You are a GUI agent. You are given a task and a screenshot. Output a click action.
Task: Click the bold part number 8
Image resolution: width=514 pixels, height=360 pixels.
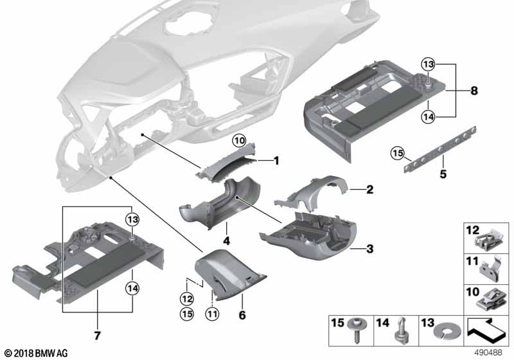click(x=474, y=91)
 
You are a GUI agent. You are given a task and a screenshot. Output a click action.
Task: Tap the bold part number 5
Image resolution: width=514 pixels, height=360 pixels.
click(x=443, y=174)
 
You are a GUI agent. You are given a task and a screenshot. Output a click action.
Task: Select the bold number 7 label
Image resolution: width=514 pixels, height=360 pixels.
click(x=98, y=336)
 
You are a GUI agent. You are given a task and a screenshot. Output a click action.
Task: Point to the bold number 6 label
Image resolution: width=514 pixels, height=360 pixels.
click(x=242, y=315)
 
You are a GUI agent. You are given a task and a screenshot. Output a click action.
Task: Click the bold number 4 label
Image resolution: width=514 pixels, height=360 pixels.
click(x=226, y=241)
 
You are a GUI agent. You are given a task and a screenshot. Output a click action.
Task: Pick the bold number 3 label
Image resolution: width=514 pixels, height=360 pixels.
click(x=370, y=249)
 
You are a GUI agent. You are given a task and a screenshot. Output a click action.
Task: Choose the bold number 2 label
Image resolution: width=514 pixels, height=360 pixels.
click(x=370, y=189)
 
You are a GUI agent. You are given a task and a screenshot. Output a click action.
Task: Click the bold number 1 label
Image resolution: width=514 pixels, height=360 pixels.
click(x=276, y=161)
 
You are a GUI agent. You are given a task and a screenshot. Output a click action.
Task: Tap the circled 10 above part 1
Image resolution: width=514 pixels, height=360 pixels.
click(x=239, y=141)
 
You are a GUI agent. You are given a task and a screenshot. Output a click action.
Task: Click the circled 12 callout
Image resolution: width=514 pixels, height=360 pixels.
click(x=187, y=299)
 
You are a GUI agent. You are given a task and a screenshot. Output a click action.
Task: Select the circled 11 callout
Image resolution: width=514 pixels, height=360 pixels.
click(x=212, y=314)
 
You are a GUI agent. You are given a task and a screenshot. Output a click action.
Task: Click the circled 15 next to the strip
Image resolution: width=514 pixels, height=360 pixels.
click(x=397, y=153)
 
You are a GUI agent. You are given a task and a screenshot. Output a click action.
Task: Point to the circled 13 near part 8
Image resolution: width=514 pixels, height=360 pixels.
click(x=428, y=64)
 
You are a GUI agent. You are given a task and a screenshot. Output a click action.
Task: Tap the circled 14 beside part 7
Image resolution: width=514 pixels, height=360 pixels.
click(x=132, y=288)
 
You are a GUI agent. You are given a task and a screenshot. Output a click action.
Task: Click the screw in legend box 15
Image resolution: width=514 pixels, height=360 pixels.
click(x=357, y=330)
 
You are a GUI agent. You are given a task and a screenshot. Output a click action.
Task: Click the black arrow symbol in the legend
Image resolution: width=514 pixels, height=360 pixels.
click(x=486, y=331)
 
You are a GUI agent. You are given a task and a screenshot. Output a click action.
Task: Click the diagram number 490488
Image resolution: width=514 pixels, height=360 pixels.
click(x=488, y=352)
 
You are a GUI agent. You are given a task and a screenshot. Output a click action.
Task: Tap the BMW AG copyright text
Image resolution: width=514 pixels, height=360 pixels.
click(x=37, y=354)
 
